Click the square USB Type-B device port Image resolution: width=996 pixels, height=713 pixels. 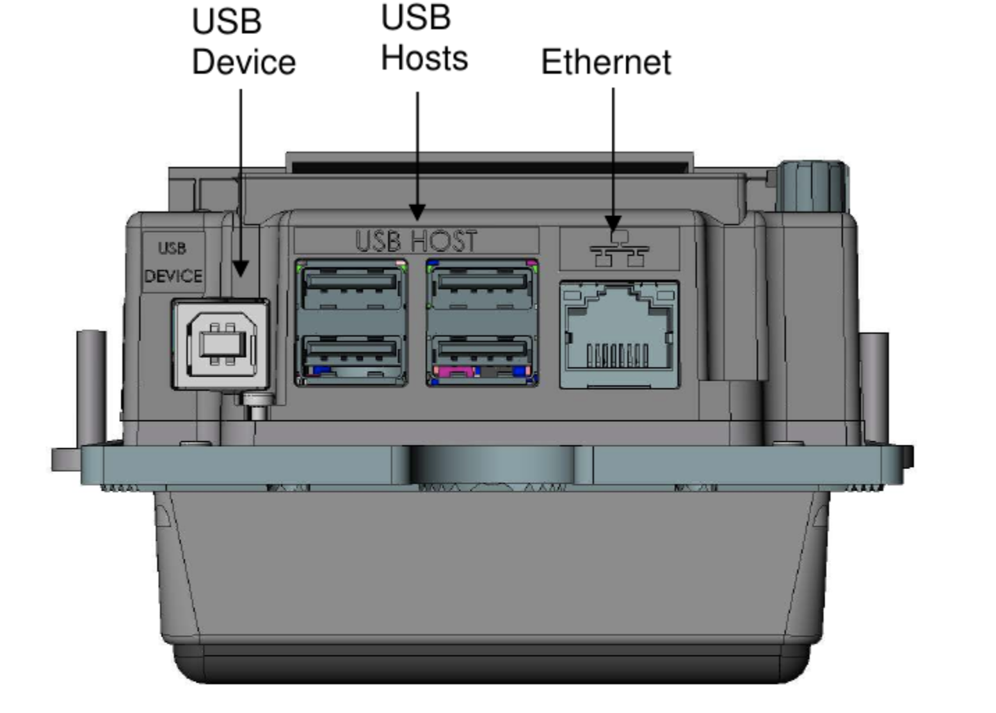coord(221,344)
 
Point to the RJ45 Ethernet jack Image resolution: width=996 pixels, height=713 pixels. coord(620,335)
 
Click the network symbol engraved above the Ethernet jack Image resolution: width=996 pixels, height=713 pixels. coord(619,249)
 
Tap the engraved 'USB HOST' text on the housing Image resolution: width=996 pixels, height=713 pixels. coord(416,240)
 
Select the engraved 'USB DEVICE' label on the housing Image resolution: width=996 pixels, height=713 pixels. coord(173,263)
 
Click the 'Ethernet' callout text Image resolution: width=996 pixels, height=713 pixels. coord(606,62)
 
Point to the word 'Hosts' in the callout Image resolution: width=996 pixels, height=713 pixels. coord(425,58)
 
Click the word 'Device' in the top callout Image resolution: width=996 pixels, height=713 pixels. coord(243,62)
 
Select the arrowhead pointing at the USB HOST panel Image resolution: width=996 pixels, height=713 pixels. coord(417,213)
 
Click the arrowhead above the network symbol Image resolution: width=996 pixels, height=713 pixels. coord(613,223)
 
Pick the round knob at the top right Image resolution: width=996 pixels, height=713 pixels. coord(812,186)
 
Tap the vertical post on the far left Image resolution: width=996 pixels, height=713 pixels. coord(92,386)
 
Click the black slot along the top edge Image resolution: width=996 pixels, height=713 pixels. coord(490,167)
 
